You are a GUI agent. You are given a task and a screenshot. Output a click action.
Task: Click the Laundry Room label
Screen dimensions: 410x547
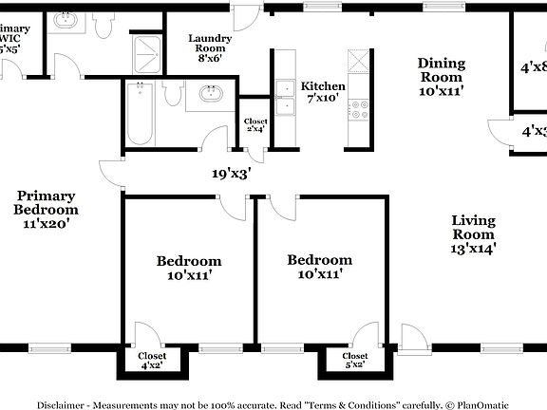pyautogui.click(x=209, y=47)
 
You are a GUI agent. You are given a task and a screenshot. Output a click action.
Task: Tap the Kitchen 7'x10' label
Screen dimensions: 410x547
pyautogui.click(x=323, y=92)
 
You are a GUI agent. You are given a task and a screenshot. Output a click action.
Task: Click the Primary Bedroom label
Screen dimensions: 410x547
pyautogui.click(x=46, y=210)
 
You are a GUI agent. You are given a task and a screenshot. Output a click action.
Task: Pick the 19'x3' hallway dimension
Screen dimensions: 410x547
pyautogui.click(x=232, y=174)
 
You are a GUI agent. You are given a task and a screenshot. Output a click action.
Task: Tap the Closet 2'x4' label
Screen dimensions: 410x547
pyautogui.click(x=255, y=125)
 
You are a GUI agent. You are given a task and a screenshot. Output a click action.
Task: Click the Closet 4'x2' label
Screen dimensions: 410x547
pyautogui.click(x=153, y=361)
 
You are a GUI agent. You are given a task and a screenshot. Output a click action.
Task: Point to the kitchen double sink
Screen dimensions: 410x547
pyautogui.click(x=285, y=91)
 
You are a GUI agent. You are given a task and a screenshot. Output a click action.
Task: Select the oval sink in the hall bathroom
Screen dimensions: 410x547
pyautogui.click(x=210, y=94)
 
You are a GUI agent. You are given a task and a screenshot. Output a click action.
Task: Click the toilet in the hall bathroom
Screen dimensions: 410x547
pyautogui.click(x=172, y=93)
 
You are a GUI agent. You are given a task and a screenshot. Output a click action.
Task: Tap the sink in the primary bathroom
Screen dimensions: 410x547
pyautogui.click(x=66, y=20)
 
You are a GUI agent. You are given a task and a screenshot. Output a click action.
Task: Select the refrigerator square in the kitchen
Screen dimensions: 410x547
pyautogui.click(x=360, y=61)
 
